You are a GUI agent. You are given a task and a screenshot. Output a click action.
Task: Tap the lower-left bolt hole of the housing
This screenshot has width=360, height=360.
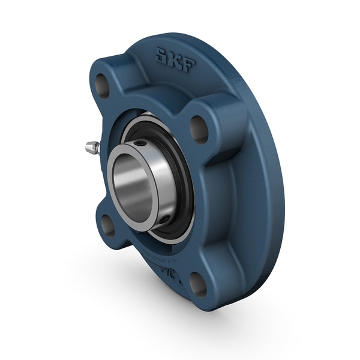click(x=108, y=224)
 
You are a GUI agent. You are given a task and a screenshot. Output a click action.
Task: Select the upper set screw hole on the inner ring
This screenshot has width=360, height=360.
click(x=140, y=143)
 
